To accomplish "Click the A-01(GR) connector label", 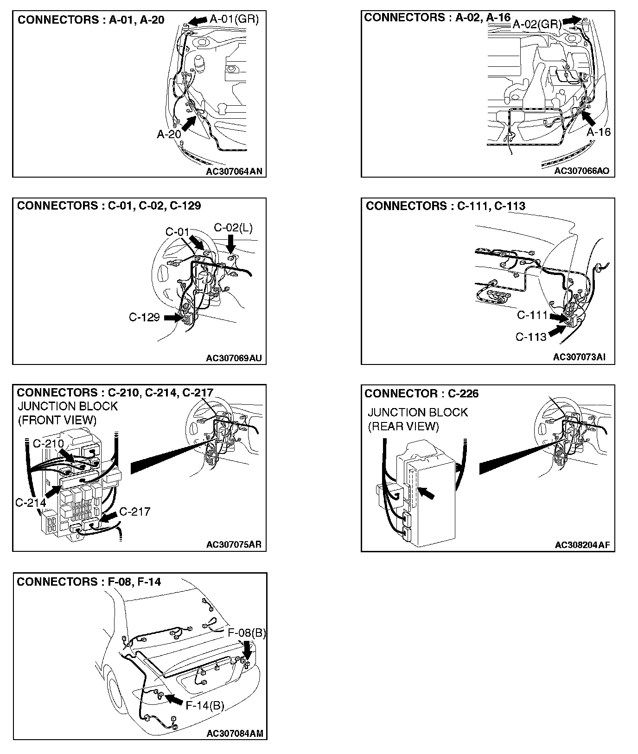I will tap(234, 19).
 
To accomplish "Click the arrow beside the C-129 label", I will tap(172, 318).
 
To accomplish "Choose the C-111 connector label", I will tap(532, 315).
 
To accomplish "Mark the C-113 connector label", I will tap(531, 337).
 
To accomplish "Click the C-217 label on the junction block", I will tap(134, 511).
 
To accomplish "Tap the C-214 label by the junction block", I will tap(31, 502).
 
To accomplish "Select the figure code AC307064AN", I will tap(234, 171).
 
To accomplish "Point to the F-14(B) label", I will tap(205, 705).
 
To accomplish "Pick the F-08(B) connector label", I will tap(247, 633).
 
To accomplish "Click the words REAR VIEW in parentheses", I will tap(403, 426).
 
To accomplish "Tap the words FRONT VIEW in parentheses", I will tap(57, 420).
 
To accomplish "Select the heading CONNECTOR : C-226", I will tap(421, 394).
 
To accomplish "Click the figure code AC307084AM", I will tap(235, 733).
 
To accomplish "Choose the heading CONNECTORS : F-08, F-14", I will tap(89, 581).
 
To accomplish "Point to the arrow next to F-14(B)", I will tap(174, 698).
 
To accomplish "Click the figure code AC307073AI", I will tap(579, 357).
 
